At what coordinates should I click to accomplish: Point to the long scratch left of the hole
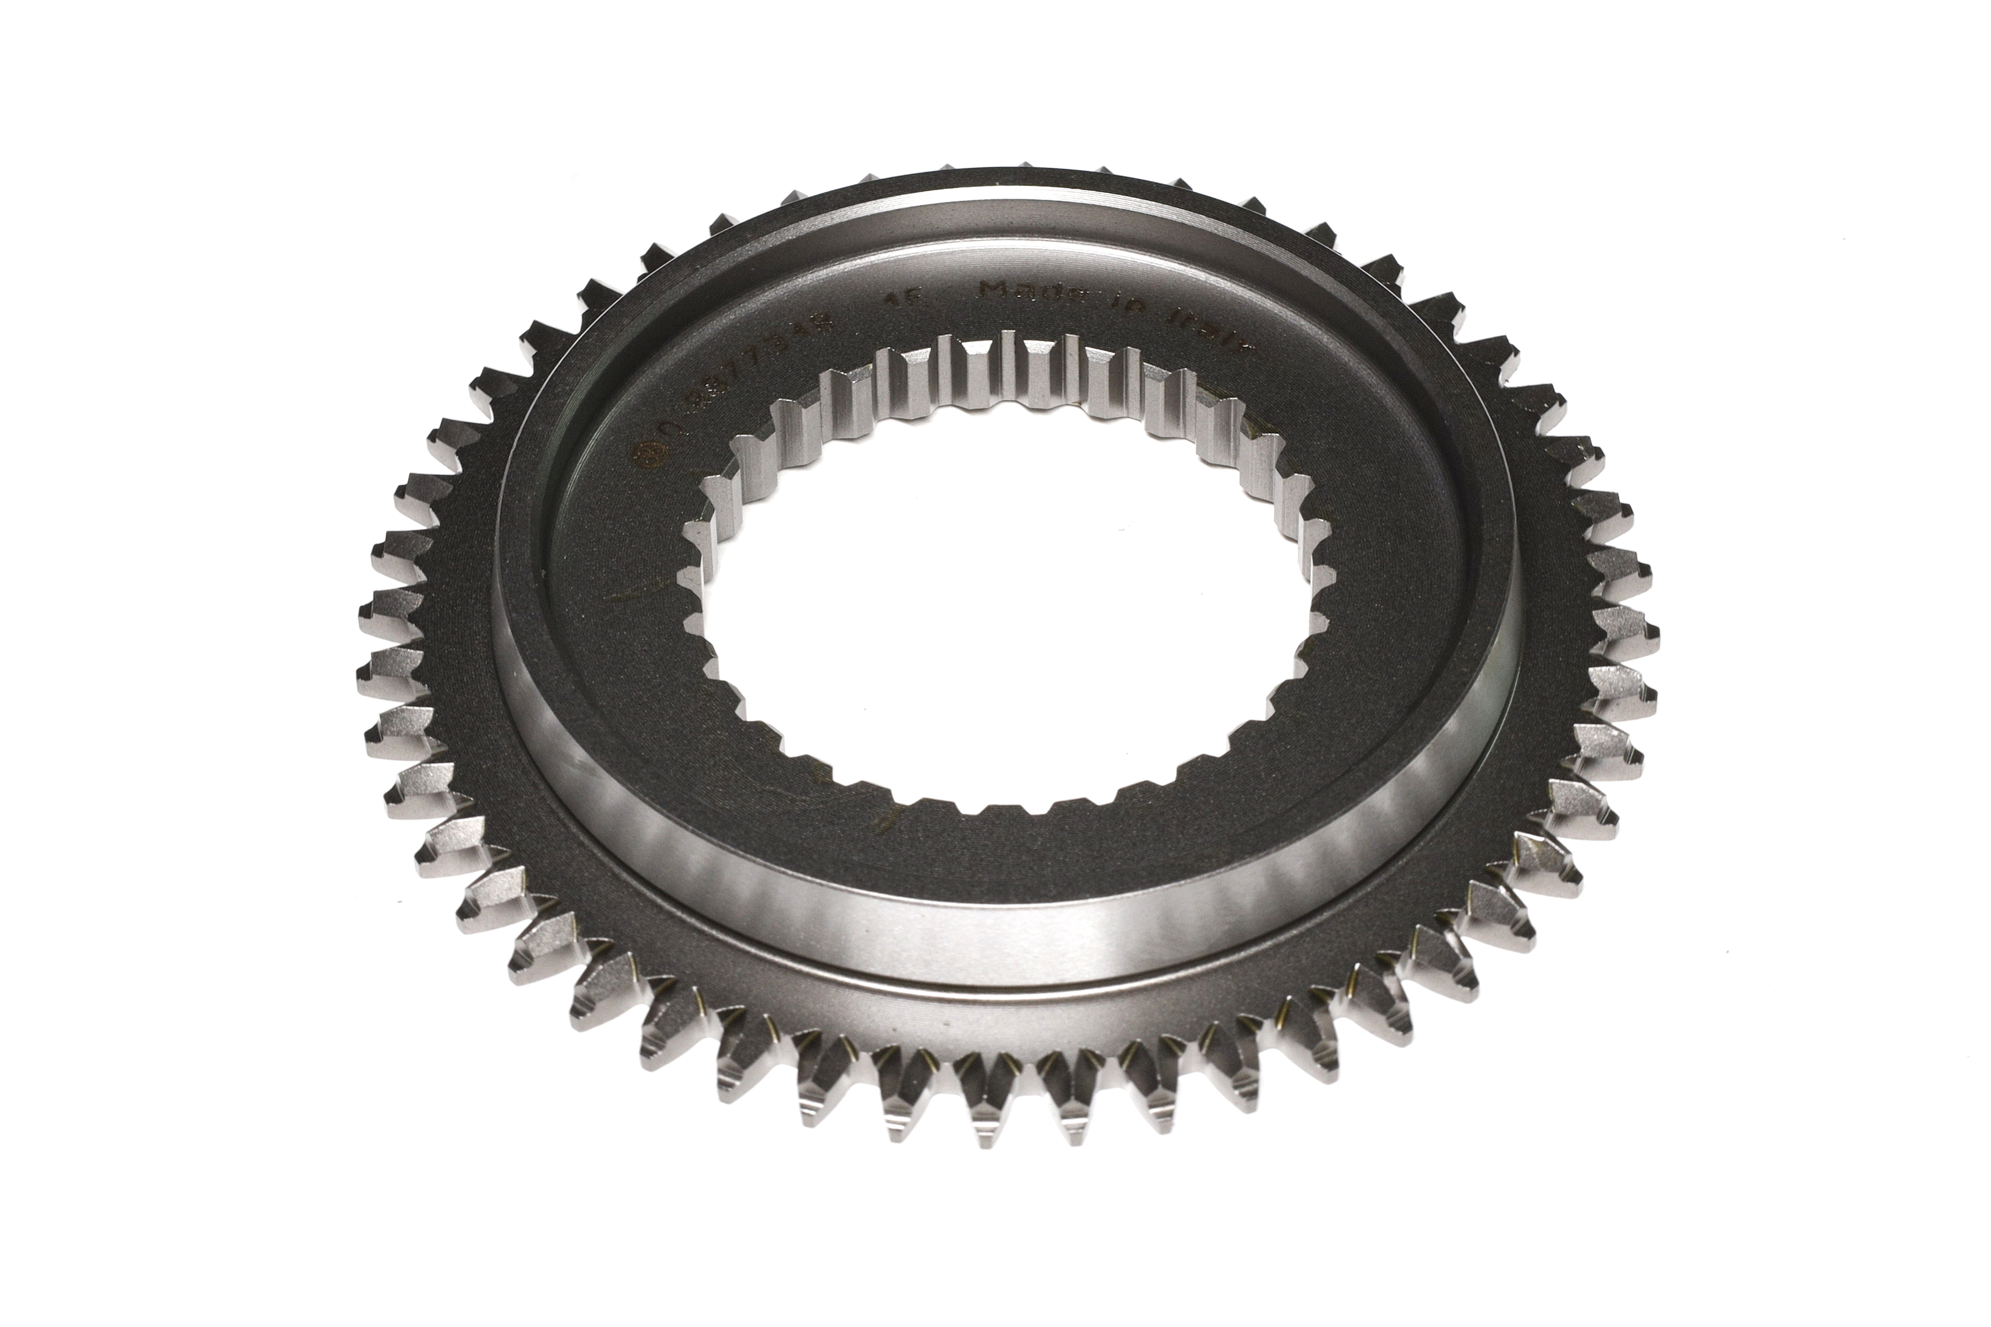(x=631, y=596)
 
